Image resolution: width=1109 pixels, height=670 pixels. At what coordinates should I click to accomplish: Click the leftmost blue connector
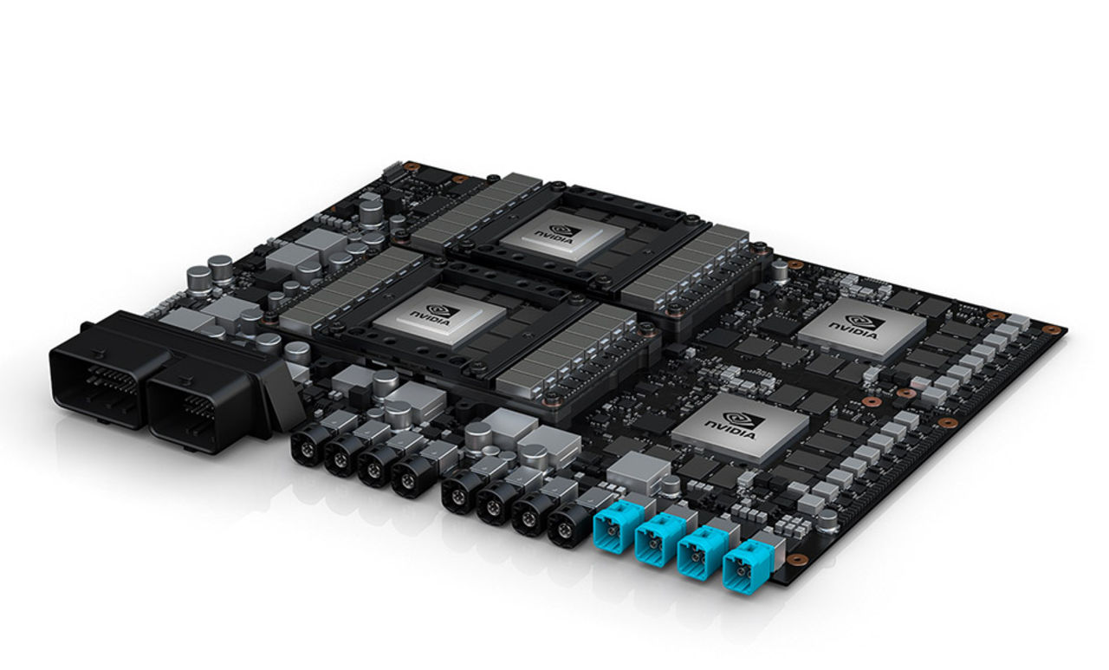(x=613, y=529)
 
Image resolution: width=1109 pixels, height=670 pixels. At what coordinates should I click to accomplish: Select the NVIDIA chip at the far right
(x=861, y=327)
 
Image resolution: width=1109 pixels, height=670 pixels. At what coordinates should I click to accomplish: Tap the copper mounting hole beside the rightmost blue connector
(x=796, y=560)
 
